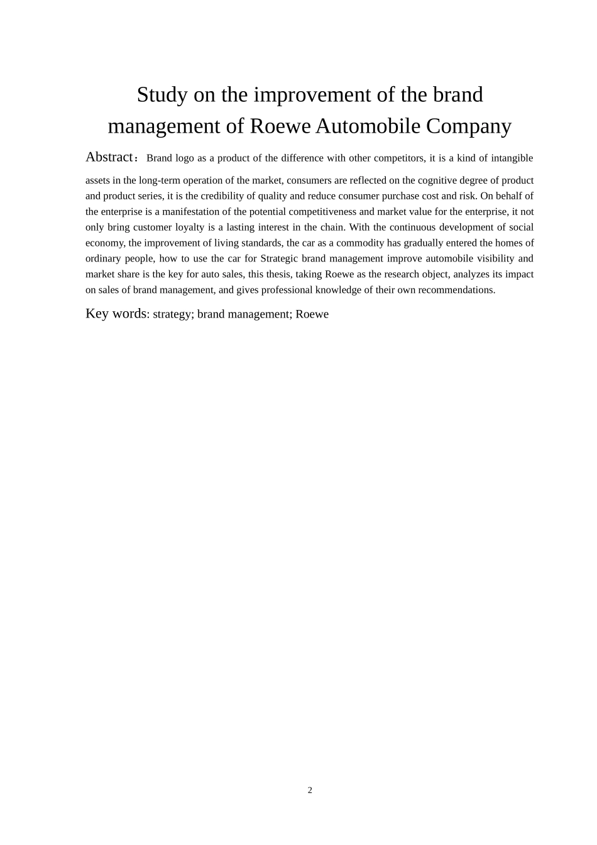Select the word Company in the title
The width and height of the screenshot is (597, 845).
pos(469,126)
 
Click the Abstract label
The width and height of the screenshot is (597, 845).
pos(109,157)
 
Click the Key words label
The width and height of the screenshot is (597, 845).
pos(116,314)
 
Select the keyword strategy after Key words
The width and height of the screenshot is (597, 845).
pos(172,314)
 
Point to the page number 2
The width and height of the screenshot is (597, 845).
pos(310,790)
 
